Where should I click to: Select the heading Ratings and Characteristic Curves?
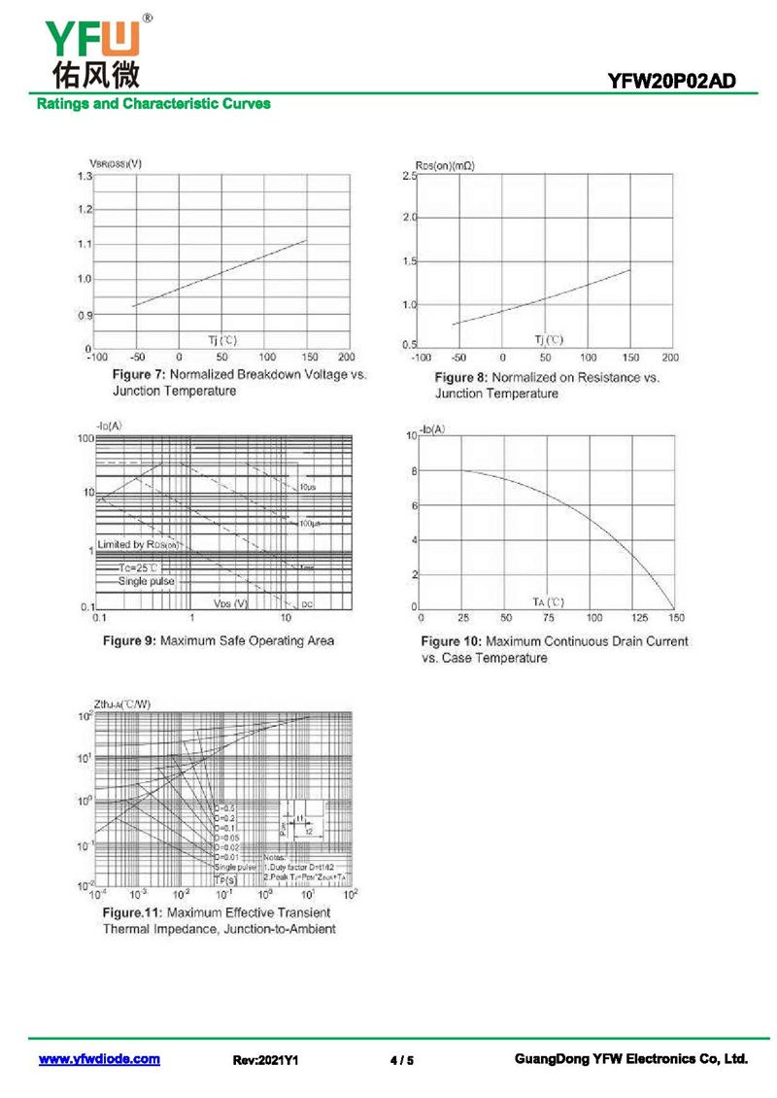point(153,104)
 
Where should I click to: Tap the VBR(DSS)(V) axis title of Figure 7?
point(116,163)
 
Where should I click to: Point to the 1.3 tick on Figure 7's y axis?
point(84,176)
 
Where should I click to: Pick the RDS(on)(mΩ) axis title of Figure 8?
point(445,166)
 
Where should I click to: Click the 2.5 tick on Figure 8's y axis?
point(409,175)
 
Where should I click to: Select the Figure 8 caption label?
point(461,377)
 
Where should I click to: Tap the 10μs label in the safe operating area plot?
point(307,486)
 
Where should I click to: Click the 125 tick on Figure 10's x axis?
point(638,617)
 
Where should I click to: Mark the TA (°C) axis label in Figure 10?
point(548,602)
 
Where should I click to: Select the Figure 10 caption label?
point(451,641)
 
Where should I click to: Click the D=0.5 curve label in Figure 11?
point(222,808)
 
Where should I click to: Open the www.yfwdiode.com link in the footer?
point(99,1059)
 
